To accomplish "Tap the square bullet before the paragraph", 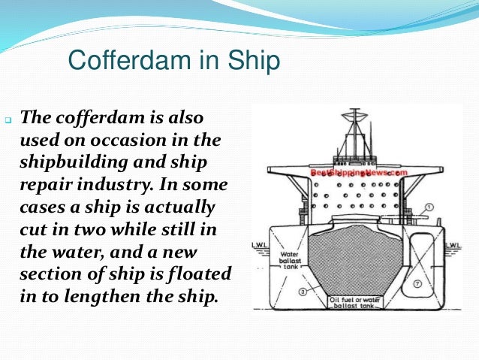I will [8, 121].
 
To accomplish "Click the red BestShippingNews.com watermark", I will [358, 172].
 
